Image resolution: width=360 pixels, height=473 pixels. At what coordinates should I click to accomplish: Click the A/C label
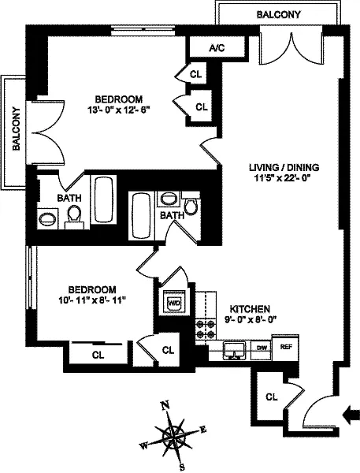(217, 47)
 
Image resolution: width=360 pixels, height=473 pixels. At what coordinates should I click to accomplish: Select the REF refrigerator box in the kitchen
(285, 347)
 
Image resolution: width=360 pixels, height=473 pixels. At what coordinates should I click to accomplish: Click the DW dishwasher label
(262, 348)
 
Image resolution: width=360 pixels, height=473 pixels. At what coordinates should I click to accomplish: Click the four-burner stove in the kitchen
(206, 330)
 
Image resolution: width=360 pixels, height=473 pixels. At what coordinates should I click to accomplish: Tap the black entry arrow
(351, 415)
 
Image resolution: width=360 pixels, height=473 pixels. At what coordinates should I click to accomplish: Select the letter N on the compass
(165, 406)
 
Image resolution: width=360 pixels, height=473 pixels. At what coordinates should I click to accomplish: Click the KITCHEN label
(250, 309)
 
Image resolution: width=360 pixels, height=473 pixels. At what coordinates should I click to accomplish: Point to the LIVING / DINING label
(284, 167)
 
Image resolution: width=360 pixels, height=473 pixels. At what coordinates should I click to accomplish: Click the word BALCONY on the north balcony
(279, 14)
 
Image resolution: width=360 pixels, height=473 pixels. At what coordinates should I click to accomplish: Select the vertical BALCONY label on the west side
(17, 128)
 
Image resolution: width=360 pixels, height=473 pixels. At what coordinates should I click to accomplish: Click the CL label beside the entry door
(272, 397)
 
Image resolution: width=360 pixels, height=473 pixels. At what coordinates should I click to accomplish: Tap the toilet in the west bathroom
(74, 217)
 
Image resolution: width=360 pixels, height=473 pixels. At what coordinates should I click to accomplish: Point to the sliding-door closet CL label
(98, 356)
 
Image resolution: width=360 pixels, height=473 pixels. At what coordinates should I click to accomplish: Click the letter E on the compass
(203, 430)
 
